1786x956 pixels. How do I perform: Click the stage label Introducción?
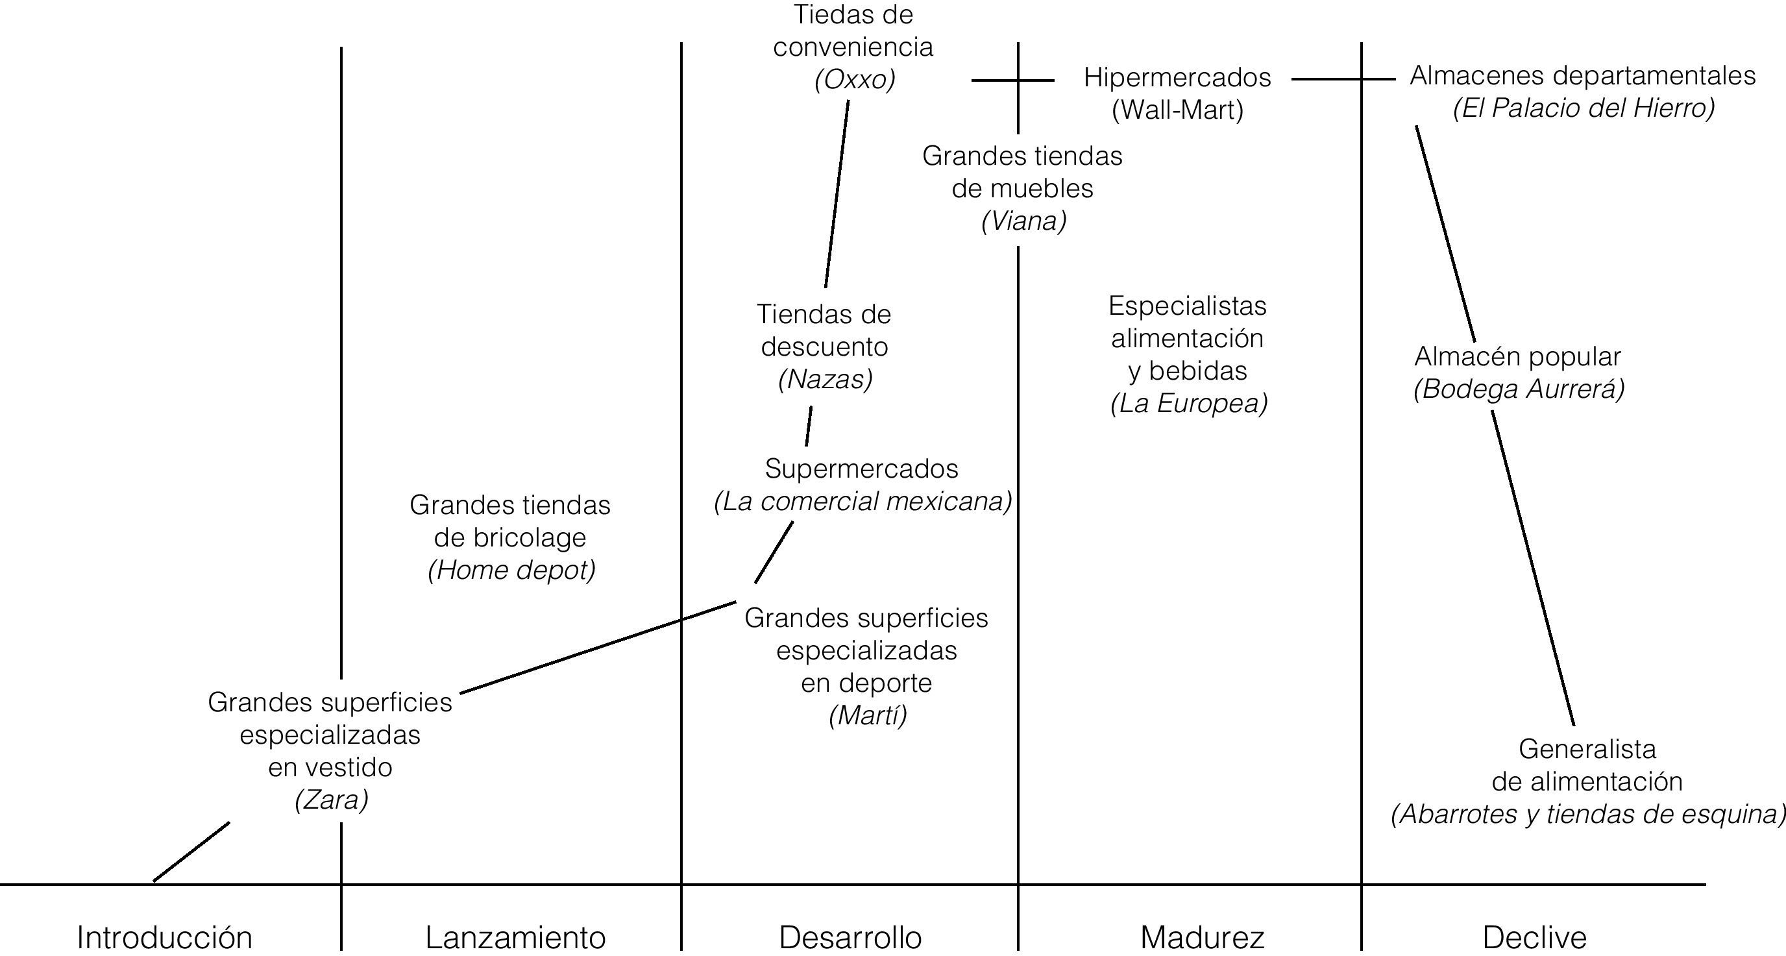164,937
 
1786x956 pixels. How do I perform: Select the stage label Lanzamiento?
515,937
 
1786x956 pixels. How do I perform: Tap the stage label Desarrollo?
850,937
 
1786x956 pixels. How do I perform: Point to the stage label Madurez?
1202,937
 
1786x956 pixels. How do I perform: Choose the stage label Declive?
1534,937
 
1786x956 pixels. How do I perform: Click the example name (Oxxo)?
855,80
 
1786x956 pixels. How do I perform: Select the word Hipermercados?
1177,77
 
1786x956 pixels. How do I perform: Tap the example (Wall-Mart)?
1177,110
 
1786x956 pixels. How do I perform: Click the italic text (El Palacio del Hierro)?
1584,108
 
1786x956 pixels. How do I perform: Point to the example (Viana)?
1023,221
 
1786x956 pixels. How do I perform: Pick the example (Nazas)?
825,378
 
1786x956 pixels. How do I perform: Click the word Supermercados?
861,469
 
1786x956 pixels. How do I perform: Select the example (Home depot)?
511,570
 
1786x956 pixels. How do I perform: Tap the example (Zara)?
332,800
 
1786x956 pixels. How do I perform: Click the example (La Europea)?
1188,403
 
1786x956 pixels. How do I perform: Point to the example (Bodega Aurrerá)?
1519,389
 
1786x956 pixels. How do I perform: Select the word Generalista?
1587,749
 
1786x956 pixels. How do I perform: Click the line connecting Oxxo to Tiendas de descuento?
837,194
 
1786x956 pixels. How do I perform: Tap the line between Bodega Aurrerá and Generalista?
1533,569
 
